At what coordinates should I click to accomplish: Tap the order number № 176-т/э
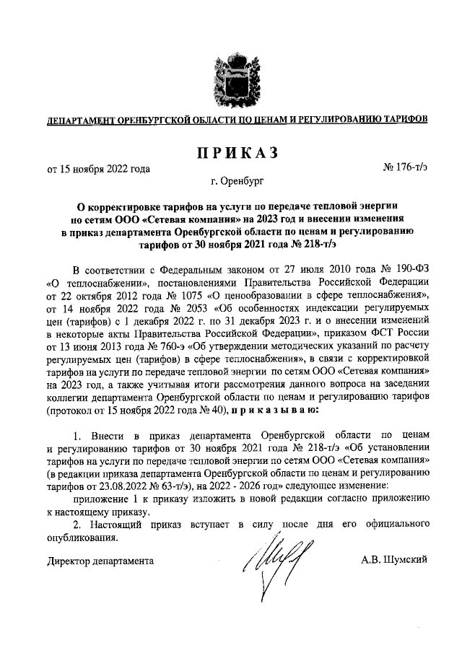pos(405,169)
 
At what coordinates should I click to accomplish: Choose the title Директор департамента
pos(100,558)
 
